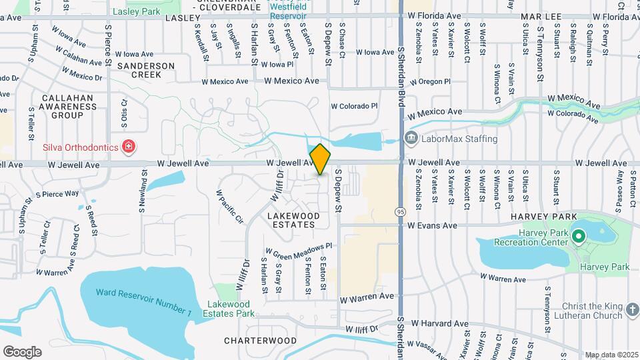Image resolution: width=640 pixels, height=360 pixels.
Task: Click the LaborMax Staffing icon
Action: click(x=411, y=139)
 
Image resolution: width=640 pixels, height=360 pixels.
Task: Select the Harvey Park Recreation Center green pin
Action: click(x=578, y=236)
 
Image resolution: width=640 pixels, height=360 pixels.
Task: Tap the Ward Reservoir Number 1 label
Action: click(x=143, y=302)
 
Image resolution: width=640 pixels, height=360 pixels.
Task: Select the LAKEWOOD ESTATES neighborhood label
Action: click(x=293, y=221)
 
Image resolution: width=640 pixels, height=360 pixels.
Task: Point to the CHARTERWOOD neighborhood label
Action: click(x=260, y=341)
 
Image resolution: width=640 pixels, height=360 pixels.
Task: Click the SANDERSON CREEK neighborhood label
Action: click(x=145, y=70)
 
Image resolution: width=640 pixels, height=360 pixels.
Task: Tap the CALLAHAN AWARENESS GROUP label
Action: click(x=67, y=106)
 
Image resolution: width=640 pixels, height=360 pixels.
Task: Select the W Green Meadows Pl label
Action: click(x=298, y=249)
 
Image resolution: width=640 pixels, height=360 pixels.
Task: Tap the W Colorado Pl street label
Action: click(x=355, y=105)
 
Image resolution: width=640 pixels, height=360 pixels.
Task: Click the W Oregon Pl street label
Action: click(x=430, y=82)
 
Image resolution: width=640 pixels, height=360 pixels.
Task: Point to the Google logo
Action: click(x=22, y=351)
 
